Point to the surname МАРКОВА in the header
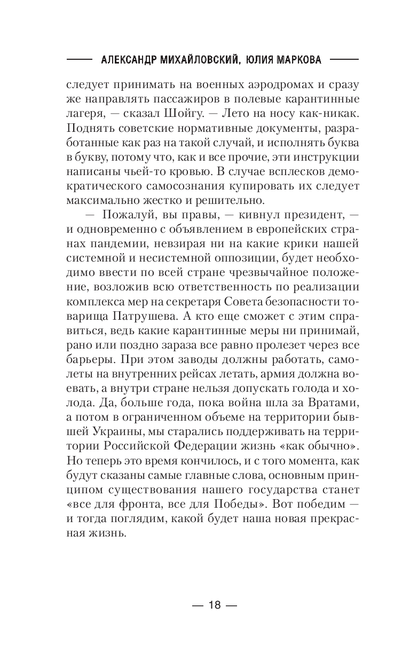[299, 60]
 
